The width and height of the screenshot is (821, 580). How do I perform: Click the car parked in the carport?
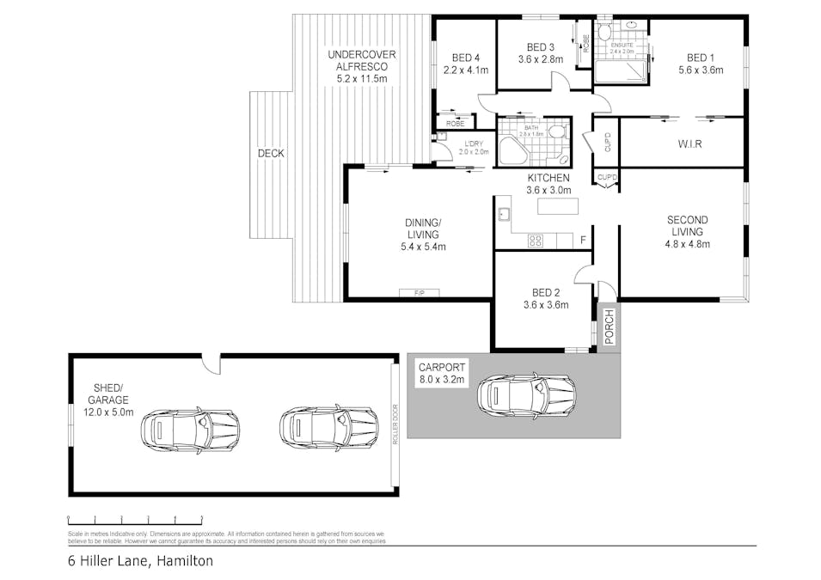pos(526,395)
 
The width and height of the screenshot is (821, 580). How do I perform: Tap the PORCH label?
pos(610,326)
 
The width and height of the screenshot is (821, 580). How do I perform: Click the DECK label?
pos(271,154)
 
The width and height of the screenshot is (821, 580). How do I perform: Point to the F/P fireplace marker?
pos(420,293)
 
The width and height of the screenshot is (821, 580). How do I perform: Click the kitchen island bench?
pos(558,207)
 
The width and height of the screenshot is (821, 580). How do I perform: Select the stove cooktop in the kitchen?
pos(535,241)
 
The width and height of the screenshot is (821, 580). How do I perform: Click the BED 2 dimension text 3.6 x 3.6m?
pos(545,304)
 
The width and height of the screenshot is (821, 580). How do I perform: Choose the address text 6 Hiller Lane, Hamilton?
pos(141,561)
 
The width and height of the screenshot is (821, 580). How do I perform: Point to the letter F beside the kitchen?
pos(584,240)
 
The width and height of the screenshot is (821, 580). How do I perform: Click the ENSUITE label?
pos(622,45)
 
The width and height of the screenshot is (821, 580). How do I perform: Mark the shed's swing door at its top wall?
pos(210,364)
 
